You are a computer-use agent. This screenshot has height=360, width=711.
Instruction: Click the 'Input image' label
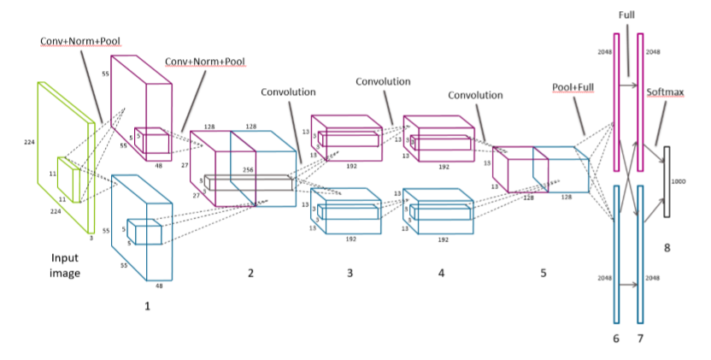tap(64, 265)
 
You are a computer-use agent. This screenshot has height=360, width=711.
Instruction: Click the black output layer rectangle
tap(667, 180)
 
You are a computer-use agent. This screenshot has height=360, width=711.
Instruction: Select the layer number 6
tap(615, 339)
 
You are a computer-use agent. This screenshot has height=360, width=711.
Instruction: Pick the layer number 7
tap(640, 339)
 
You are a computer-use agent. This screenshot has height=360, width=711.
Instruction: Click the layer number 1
tap(147, 304)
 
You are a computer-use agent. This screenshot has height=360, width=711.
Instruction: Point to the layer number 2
tap(250, 273)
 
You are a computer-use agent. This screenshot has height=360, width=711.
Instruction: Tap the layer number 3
tap(349, 273)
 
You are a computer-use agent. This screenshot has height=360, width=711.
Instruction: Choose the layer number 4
tap(441, 273)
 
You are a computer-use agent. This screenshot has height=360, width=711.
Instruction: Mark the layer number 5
tap(543, 273)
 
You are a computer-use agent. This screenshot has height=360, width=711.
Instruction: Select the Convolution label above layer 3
tap(288, 91)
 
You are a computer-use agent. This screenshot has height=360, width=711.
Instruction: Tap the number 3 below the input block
tap(91, 239)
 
